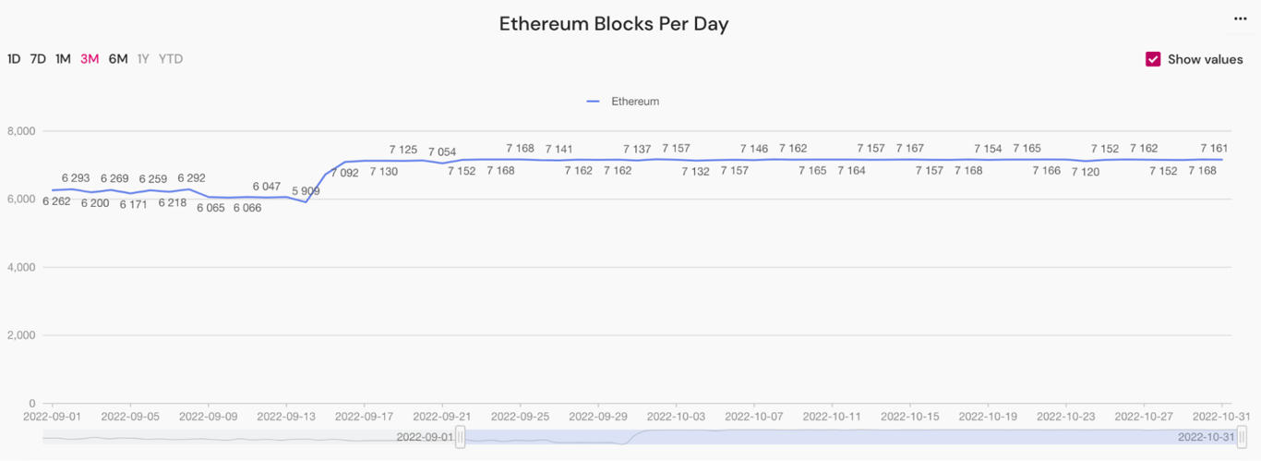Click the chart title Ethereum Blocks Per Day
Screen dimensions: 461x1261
614,24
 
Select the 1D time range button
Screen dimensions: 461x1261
14,59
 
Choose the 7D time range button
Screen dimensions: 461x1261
38,59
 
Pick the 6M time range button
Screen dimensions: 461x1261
118,59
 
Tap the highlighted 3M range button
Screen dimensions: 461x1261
90,59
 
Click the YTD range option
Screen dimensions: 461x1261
171,59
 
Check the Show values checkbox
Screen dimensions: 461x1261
1153,59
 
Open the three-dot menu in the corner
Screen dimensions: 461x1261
1241,18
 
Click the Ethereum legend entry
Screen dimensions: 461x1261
624,102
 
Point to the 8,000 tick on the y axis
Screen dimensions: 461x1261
19,131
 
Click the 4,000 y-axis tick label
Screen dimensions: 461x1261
19,268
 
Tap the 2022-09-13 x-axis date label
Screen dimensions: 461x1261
286,417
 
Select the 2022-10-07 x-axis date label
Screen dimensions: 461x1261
754,417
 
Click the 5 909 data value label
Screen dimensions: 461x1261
306,191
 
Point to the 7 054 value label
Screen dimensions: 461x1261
442,152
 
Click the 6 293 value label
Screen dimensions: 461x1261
76,177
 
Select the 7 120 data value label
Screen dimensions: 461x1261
1085,172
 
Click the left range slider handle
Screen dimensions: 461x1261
461,437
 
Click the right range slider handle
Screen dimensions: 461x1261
1242,437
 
